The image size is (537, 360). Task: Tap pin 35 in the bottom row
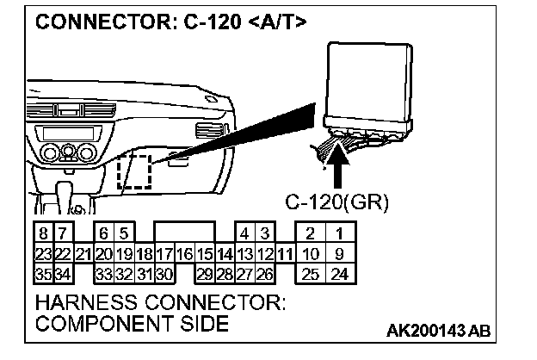(42, 274)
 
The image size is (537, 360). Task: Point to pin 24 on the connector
(340, 274)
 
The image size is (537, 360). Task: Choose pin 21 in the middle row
(83, 254)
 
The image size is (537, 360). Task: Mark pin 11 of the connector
(286, 254)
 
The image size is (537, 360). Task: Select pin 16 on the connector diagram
(183, 254)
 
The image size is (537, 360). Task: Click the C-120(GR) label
(337, 203)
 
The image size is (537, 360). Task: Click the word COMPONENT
(96, 324)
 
